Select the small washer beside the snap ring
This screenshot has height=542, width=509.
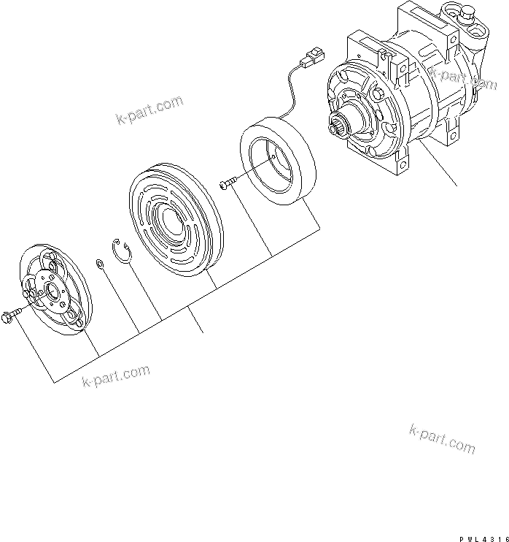pos(98,263)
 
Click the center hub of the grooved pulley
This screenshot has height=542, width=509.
pos(168,217)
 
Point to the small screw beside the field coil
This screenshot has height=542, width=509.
pos(228,183)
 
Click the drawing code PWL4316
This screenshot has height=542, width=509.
pos(483,537)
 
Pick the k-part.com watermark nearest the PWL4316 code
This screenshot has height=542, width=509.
pos(443,438)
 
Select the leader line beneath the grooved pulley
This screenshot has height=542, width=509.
pos(197,321)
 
